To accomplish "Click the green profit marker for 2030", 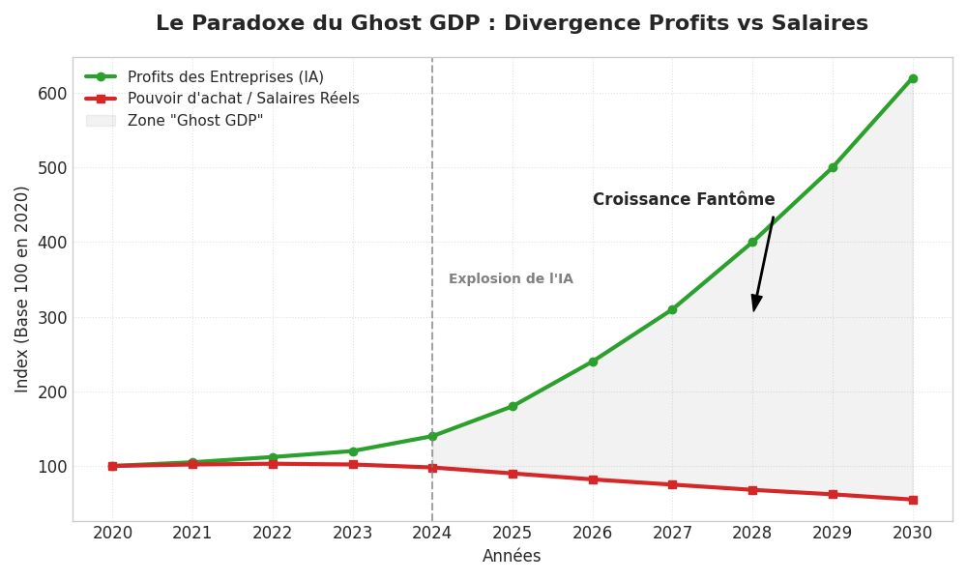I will [912, 78].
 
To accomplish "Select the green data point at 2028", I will [752, 242].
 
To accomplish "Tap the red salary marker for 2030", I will [912, 500].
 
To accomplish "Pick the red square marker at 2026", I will [593, 479].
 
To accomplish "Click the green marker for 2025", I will [513, 406].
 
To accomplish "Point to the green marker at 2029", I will [833, 167].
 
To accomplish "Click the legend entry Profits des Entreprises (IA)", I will [224, 77].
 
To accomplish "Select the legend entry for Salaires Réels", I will [243, 99].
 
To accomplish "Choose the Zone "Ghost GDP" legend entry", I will [194, 121].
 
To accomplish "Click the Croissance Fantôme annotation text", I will [684, 200].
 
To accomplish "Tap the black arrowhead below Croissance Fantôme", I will [756, 304].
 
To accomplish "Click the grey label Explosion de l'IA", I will [511, 279].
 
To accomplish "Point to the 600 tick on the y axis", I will [52, 93].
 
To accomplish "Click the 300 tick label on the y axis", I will [52, 317].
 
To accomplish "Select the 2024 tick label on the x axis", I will [432, 534].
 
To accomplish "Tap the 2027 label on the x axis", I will [672, 534].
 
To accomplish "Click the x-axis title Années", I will [512, 557].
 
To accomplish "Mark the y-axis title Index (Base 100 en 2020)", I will [22, 289].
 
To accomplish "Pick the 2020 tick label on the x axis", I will [112, 534].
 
